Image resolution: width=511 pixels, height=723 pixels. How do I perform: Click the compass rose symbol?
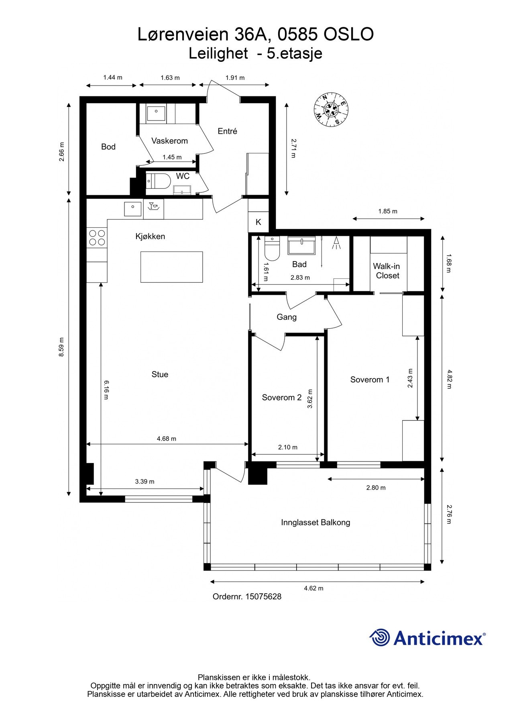point(331,109)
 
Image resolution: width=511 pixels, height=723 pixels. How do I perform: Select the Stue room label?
point(160,374)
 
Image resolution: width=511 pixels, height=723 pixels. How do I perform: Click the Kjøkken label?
point(150,237)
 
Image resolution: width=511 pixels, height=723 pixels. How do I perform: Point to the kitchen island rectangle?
point(171,267)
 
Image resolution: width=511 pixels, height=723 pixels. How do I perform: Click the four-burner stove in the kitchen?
point(97,237)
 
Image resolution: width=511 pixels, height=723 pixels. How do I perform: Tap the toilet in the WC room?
point(154,181)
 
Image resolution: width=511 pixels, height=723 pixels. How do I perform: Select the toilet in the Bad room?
point(272,249)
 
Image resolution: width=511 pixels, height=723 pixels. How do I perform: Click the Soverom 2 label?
point(281,398)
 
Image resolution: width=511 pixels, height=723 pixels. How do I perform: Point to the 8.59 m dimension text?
point(61,347)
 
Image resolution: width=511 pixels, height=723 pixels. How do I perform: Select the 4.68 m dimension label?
point(167,439)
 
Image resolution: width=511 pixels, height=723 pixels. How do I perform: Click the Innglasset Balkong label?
point(316,523)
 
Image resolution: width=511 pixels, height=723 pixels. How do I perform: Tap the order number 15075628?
point(263,596)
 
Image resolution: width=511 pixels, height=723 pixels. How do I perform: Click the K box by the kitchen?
point(259,222)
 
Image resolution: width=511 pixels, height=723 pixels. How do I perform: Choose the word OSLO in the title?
point(348,35)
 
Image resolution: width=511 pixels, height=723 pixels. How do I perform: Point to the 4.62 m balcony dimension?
point(314,588)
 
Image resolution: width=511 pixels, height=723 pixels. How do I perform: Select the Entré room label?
point(227,131)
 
